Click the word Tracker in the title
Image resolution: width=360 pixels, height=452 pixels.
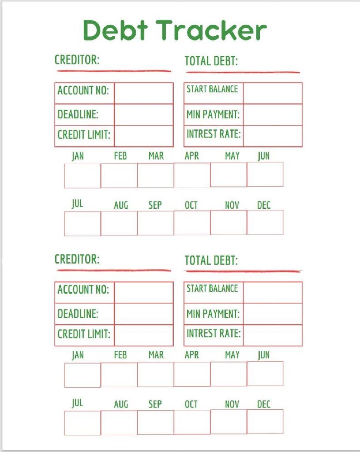[212, 30]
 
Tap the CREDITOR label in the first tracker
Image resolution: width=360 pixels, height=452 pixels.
[77, 60]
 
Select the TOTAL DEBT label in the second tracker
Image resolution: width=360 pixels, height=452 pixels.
[211, 260]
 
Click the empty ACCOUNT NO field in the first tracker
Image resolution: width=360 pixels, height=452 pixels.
[143, 93]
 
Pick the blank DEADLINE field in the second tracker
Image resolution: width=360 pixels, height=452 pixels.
[143, 314]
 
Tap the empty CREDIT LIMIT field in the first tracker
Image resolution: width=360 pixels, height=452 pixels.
[143, 136]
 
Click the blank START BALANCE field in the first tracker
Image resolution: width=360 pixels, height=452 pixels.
[272, 93]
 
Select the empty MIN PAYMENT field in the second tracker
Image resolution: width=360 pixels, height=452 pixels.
[272, 314]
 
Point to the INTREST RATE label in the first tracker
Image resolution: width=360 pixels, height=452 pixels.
[213, 134]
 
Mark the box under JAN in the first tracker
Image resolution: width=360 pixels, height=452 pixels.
[82, 176]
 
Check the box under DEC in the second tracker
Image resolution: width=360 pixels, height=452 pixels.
[265, 422]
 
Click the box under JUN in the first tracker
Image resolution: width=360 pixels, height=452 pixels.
[265, 175]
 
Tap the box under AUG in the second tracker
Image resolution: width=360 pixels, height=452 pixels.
[119, 423]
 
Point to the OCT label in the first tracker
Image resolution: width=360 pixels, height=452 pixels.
[191, 205]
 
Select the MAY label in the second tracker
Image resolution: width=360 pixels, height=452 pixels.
[232, 355]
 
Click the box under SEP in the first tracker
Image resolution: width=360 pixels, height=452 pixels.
[156, 223]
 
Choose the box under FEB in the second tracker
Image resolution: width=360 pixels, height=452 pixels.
[119, 375]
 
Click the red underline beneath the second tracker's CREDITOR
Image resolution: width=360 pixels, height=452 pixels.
[113, 270]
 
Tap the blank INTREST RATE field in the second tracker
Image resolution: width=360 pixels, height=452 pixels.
[272, 335]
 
